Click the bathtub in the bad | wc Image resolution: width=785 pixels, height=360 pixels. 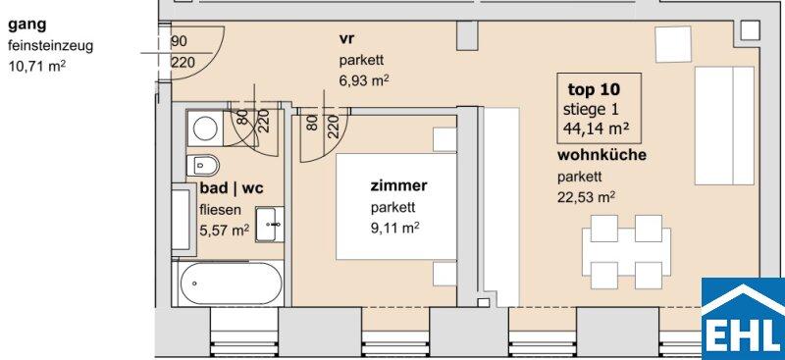click(x=228, y=283)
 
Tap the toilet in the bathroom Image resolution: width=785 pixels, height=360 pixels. click(x=203, y=165)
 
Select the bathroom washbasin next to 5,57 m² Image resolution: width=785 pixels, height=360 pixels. click(x=269, y=224)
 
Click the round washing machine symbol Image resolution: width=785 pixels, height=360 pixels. click(x=205, y=129)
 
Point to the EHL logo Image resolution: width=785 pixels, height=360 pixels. click(x=743, y=319)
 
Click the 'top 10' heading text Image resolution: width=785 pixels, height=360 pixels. click(x=594, y=89)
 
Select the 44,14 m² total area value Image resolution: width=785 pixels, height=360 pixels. click(x=596, y=129)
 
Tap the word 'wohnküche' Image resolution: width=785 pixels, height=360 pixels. click(x=602, y=155)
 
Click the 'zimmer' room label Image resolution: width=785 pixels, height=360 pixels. click(x=398, y=185)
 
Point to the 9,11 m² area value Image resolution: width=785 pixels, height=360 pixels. click(x=394, y=229)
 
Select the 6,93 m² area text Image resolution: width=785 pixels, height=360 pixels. click(x=364, y=80)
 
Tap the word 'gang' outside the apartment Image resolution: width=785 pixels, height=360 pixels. click(x=27, y=25)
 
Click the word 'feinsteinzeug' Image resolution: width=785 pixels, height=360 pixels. click(x=51, y=46)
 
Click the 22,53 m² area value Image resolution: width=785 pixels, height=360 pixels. click(x=586, y=197)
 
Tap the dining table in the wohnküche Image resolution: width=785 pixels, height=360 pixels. click(x=626, y=252)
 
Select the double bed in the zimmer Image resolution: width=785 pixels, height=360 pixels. click(x=396, y=206)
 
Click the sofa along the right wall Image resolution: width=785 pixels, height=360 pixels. click(x=724, y=126)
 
